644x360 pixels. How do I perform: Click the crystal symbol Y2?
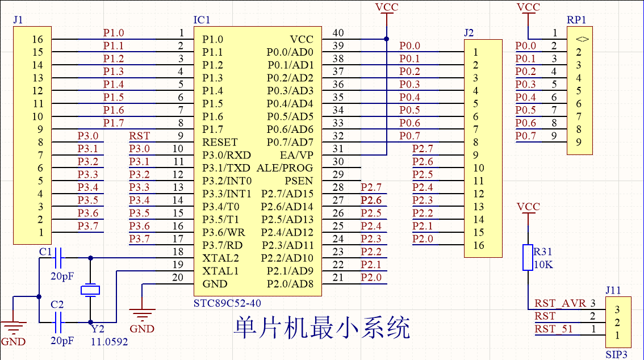(90, 290)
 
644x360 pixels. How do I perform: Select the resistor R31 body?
(528, 257)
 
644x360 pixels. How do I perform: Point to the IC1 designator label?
(202, 20)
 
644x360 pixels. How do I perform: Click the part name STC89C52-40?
(227, 304)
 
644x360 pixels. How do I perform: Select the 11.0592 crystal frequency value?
(110, 342)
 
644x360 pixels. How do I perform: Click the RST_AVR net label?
(560, 303)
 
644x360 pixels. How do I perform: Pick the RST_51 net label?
(554, 329)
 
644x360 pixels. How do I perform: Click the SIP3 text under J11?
(616, 354)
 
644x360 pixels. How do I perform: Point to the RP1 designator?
(576, 20)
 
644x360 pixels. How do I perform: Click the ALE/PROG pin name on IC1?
(285, 168)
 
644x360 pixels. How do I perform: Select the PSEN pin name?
(299, 181)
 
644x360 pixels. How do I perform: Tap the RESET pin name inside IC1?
(220, 142)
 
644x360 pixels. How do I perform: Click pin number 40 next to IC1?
(338, 34)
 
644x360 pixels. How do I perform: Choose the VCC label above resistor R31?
(528, 207)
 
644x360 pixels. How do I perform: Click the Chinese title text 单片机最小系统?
(321, 328)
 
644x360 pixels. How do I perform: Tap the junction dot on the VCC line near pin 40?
(386, 39)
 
